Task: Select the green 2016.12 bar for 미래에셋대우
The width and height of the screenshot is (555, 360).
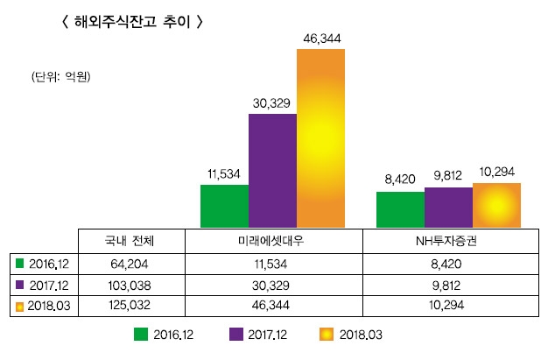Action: click(224, 205)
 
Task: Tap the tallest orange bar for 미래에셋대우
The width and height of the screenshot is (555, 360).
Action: click(320, 138)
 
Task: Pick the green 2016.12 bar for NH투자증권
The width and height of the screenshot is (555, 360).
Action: click(400, 210)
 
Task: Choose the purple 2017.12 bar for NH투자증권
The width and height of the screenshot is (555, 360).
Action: click(448, 207)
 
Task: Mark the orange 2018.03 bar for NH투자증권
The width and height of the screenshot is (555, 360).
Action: click(496, 206)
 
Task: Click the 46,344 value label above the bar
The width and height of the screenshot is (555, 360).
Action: click(320, 39)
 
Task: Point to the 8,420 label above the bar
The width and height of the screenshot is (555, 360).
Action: click(400, 180)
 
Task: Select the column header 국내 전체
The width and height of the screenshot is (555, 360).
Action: click(129, 239)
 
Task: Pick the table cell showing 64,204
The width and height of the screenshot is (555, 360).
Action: click(129, 262)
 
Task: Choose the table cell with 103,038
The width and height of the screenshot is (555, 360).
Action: click(129, 284)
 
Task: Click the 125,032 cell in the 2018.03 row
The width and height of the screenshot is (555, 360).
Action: click(129, 306)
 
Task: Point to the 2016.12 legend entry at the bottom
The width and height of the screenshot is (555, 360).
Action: click(162, 334)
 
